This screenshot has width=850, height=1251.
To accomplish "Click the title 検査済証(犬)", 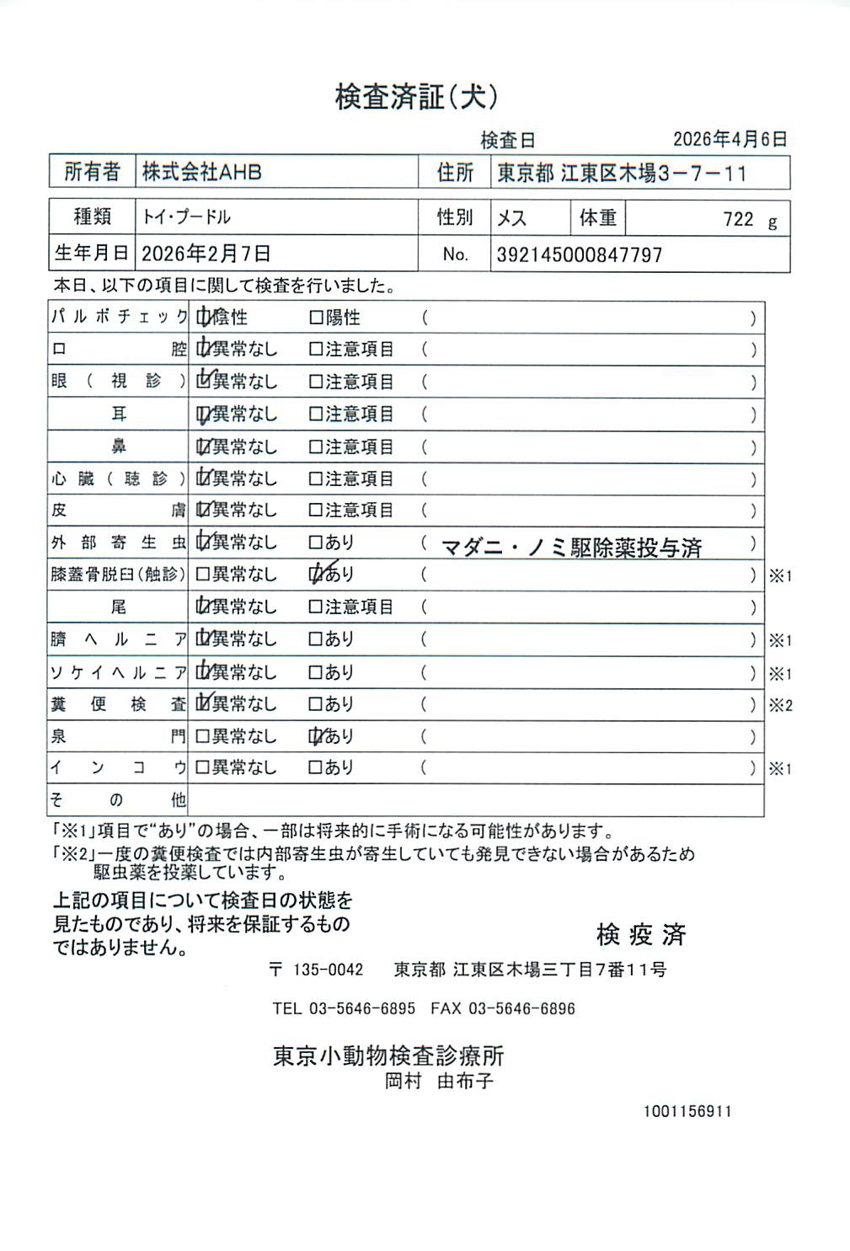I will (416, 97).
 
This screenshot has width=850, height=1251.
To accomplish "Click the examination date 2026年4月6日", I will (730, 139).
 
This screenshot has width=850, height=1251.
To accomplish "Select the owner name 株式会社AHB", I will (201, 173).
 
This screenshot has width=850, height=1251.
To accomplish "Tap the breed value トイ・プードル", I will (186, 217).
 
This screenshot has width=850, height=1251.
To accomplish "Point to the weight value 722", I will (738, 220).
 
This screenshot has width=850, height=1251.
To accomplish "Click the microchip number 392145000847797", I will (579, 254).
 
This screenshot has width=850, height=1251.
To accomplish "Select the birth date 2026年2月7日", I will (206, 254).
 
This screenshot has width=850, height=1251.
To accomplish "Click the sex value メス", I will (511, 218).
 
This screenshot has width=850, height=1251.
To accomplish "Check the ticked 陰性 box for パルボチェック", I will (203, 318).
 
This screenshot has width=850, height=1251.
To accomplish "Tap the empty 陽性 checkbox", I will (316, 318).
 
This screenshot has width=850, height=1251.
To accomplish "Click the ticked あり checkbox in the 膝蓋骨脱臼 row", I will (317, 575).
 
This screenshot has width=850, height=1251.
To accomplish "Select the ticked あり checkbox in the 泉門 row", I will (317, 736).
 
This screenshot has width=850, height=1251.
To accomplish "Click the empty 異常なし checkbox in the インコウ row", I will (202, 767).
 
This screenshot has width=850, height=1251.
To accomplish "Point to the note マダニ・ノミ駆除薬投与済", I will (571, 548).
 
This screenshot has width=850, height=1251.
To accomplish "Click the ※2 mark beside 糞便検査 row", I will (780, 705).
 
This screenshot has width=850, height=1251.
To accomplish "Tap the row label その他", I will (117, 799).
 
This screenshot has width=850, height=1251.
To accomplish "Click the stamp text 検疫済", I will (640, 933).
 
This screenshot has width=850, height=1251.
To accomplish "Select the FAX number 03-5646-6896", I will (521, 1008).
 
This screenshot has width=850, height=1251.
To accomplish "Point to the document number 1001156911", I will (687, 1111).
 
